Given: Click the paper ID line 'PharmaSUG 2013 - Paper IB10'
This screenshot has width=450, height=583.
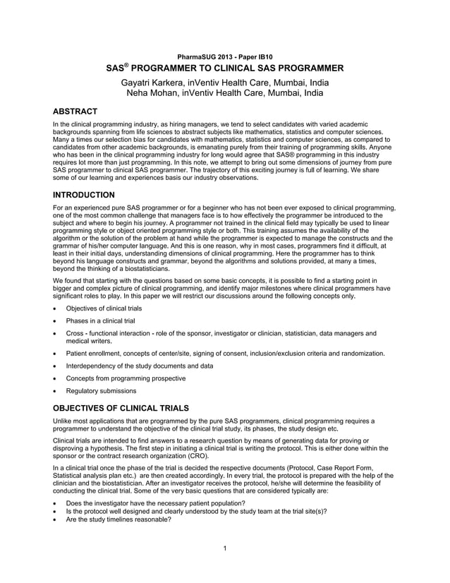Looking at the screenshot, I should click(x=224, y=56).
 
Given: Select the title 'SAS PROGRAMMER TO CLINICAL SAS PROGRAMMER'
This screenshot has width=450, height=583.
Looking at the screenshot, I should click(x=224, y=68).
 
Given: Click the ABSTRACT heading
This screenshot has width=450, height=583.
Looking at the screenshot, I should click(x=75, y=111).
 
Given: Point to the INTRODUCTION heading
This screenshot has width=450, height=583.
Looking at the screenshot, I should click(x=87, y=194).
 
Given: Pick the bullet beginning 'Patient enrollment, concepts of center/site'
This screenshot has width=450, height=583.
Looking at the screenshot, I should click(x=225, y=353).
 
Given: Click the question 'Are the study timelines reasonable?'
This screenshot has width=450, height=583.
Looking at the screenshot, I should click(x=118, y=519).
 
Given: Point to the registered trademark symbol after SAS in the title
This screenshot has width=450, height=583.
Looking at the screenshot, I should click(x=127, y=65).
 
